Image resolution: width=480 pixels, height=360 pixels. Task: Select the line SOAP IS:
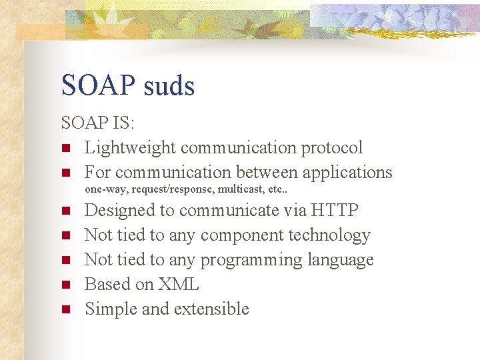tap(97, 123)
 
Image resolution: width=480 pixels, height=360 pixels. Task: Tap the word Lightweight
tap(130, 147)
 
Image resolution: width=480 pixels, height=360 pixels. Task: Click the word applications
tap(347, 172)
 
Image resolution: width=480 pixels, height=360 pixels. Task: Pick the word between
tap(266, 172)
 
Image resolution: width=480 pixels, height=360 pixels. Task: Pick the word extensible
tap(212, 309)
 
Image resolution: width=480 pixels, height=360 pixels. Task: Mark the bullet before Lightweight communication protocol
tap(65, 148)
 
